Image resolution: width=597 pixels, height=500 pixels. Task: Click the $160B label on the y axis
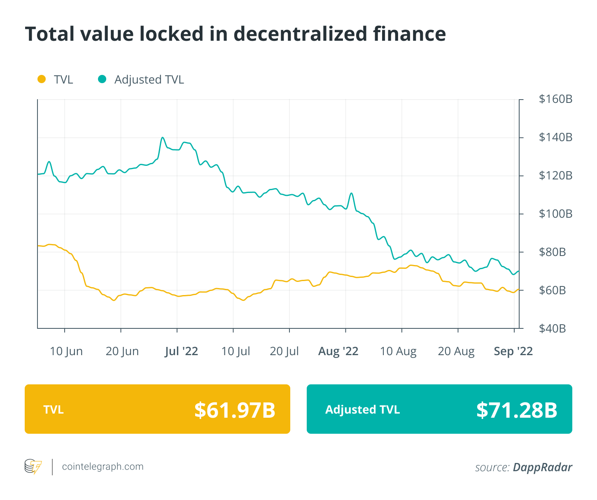(555, 99)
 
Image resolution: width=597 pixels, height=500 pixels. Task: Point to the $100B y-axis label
(555, 214)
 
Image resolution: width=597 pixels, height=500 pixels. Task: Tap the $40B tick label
(552, 329)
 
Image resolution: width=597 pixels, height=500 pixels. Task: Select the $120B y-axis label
(555, 176)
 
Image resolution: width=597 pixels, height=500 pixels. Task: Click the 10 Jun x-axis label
(66, 351)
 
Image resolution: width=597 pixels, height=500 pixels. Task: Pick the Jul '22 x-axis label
(181, 351)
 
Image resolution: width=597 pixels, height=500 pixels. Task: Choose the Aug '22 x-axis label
(338, 351)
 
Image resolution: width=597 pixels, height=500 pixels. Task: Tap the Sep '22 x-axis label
(513, 351)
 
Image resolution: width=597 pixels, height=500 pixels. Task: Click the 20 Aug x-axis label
(456, 351)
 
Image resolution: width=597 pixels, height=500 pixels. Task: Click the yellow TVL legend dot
(42, 79)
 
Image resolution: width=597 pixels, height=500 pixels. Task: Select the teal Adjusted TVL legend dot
(102, 79)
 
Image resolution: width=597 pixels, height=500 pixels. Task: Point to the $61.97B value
(235, 410)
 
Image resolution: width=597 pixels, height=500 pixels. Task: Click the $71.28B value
(517, 410)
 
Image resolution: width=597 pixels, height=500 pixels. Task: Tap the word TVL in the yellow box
(54, 410)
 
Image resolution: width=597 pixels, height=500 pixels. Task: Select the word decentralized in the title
(301, 34)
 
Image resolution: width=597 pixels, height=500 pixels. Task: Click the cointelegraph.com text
(103, 467)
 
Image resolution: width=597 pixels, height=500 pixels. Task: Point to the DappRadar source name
(542, 467)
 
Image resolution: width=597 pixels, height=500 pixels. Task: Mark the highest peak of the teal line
(163, 137)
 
